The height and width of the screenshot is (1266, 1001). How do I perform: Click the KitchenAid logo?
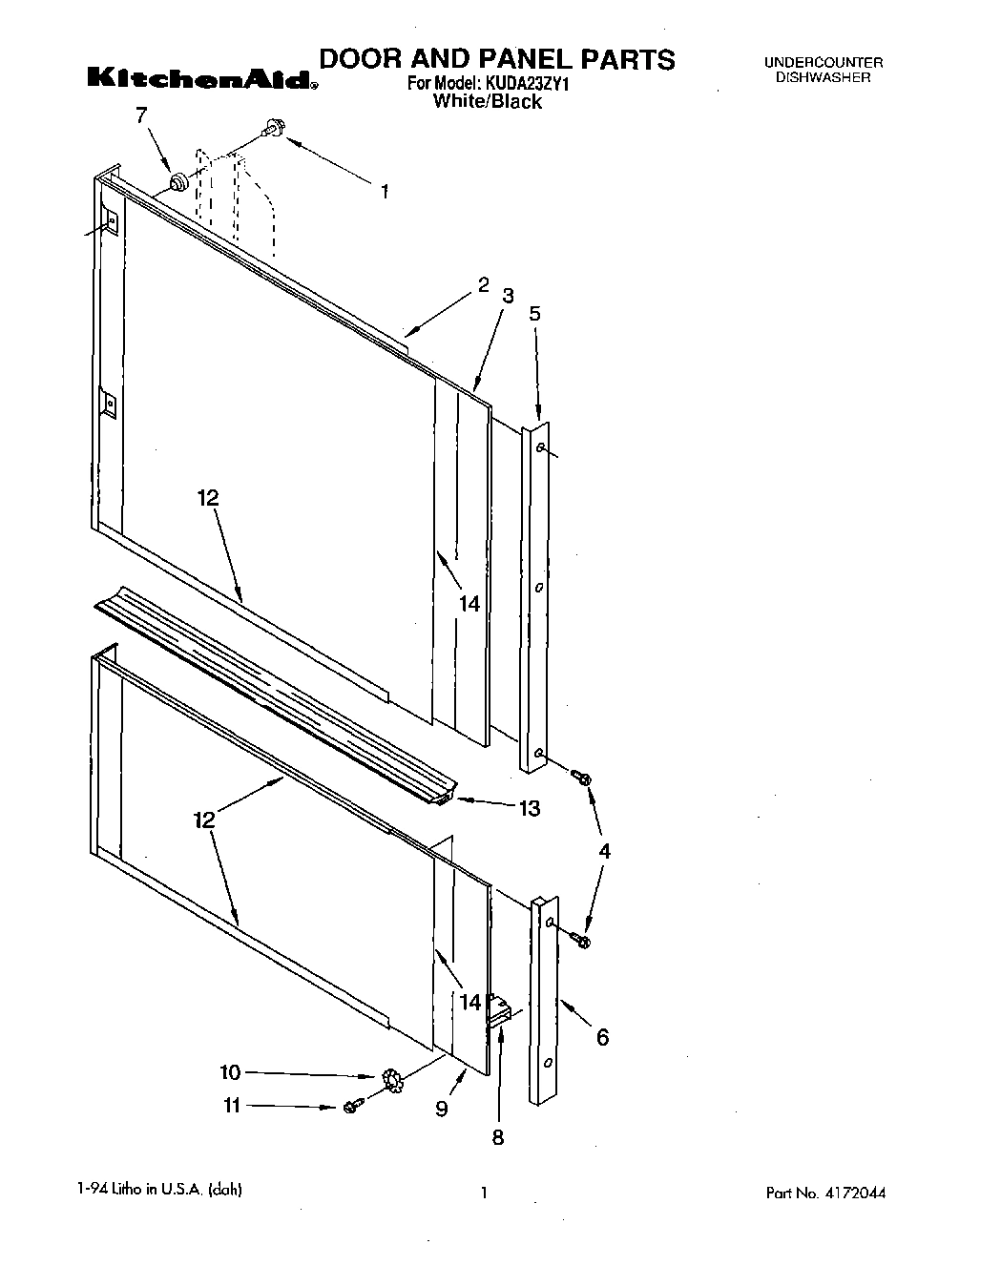[x=201, y=79]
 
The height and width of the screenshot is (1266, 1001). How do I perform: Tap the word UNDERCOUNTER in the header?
[x=823, y=63]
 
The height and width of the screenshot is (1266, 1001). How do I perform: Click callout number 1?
[x=385, y=192]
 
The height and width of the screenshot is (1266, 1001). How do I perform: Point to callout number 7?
[x=141, y=116]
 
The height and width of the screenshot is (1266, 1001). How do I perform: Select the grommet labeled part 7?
[x=177, y=180]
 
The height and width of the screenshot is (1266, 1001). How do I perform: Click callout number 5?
[x=534, y=312]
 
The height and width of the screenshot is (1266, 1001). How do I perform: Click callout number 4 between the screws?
[x=604, y=851]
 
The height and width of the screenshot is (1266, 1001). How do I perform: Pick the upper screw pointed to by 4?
[x=580, y=778]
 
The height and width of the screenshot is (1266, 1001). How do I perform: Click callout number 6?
[x=602, y=1037]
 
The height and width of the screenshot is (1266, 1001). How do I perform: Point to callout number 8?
[x=497, y=1136]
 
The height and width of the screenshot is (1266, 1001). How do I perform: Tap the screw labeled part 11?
[x=350, y=1107]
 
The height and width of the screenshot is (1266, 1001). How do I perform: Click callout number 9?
[x=441, y=1109]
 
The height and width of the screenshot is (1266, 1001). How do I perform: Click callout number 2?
[x=484, y=284]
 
